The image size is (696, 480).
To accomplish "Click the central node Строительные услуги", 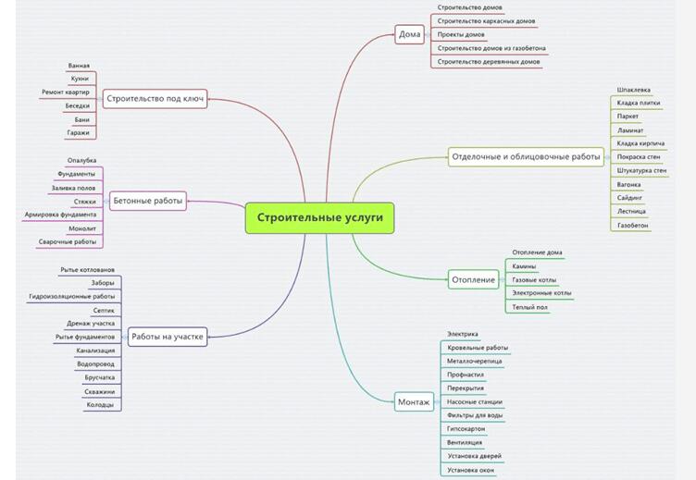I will point(319,218).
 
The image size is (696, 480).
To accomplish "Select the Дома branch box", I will point(409,35).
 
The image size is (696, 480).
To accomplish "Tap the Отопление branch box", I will point(474,279).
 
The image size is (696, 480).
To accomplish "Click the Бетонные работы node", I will point(148,199).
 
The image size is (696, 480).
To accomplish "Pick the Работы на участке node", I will point(168,337).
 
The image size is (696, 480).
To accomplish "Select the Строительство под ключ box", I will point(155,98).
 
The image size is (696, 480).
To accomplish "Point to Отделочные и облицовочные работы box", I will point(526,156).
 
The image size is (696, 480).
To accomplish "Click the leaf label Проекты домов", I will point(460,34).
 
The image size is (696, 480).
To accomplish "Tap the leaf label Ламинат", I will point(630,130).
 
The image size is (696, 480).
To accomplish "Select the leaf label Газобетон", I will point(633,225).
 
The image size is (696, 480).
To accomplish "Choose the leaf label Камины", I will point(524,265).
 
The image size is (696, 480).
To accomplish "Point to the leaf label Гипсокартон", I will point(466,429).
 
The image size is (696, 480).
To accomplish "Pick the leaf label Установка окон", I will point(470,470).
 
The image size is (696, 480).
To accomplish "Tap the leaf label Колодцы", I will point(100,405).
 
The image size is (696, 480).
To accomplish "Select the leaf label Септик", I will point(104,310).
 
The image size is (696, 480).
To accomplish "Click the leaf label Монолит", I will point(82,228).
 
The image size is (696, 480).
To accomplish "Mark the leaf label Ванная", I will point(79,66).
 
